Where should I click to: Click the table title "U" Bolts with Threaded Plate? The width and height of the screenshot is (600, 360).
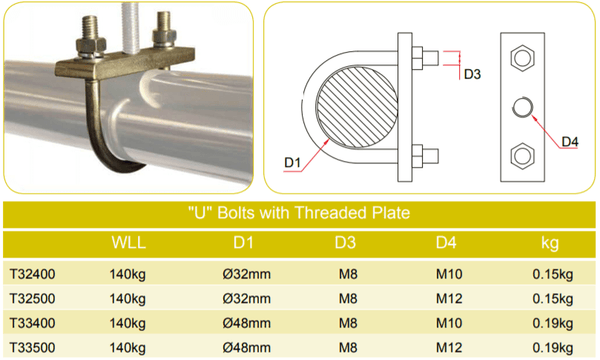coord(299,213)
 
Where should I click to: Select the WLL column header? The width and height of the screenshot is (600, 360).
coord(129,243)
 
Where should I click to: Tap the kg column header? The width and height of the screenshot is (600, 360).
coord(550,243)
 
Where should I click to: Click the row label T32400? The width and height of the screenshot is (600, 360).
coord(33,274)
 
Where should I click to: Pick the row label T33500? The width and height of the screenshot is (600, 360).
coord(33,348)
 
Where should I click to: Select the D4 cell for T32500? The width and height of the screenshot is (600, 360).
coord(449,299)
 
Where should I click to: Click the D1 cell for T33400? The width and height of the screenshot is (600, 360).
coord(246,323)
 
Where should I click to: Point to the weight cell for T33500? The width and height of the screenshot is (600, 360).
coord(553,348)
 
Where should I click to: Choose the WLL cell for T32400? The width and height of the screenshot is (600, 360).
coord(127,274)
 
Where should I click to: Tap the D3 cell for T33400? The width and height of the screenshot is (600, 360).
coord(348,323)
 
